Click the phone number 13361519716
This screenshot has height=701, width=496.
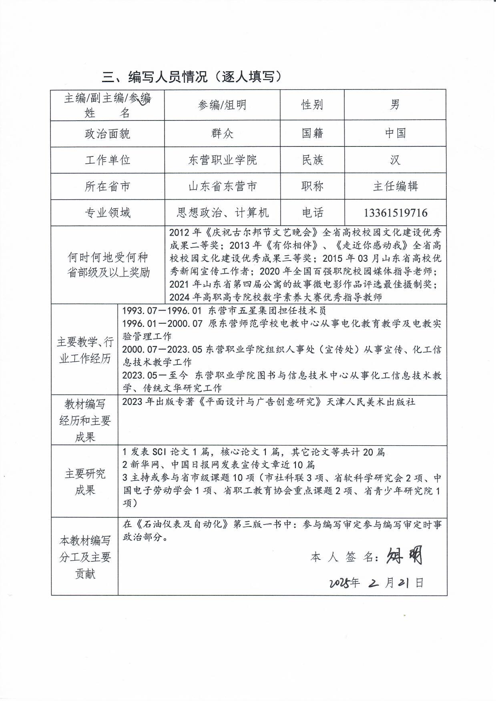pos(395,212)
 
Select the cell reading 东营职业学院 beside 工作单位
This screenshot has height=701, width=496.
pos(222,160)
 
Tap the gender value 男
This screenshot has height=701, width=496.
pos(395,105)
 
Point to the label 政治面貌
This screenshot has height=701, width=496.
pos(107,134)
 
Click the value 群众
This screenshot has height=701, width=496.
pos(222,133)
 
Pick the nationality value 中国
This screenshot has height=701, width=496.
pos(395,133)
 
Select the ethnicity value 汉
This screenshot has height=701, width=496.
pos(395,160)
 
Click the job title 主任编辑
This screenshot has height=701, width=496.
pos(395,186)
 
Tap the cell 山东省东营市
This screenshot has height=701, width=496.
pos(222,186)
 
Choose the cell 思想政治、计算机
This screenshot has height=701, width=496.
pos(222,212)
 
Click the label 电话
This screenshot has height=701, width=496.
pos(312,212)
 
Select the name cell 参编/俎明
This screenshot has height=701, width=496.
pos(222,105)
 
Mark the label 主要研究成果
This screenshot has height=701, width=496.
pos(85,482)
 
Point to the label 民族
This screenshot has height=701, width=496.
pos(312,160)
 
